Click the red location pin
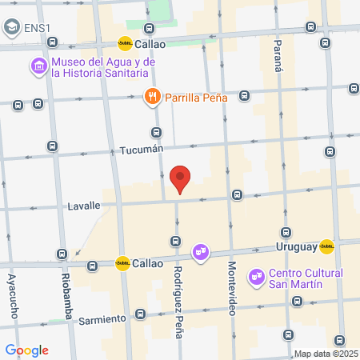tap(181, 179)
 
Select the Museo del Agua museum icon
tap(38, 66)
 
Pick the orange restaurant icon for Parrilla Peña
tap(151, 98)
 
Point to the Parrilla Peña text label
tap(197, 98)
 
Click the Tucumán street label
tap(141, 150)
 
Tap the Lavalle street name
tap(84, 206)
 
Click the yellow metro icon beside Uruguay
tap(326, 246)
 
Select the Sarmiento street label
tap(102, 318)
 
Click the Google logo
tap(26, 350)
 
